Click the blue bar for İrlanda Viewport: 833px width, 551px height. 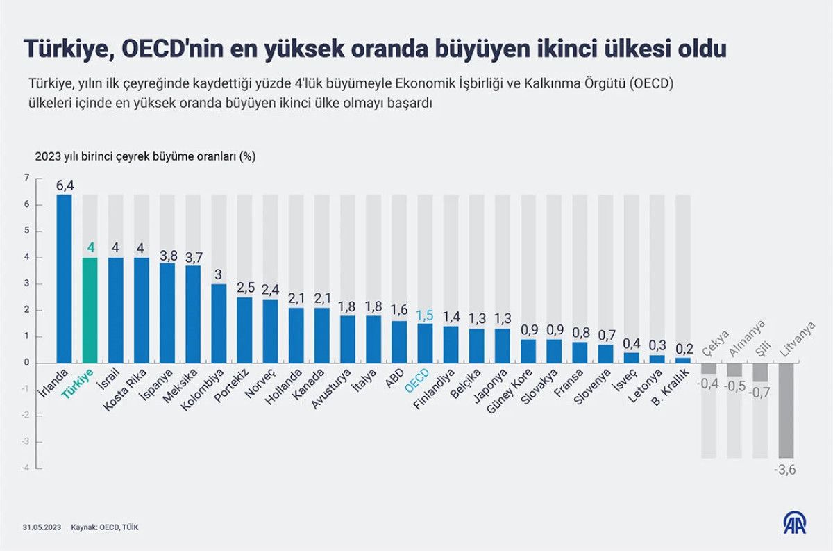tap(64, 278)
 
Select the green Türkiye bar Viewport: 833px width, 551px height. tap(90, 310)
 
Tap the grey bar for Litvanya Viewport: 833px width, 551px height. tap(786, 410)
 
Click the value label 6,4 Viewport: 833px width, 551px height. tap(65, 185)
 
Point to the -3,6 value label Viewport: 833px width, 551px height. tap(785, 470)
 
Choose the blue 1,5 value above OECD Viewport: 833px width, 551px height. tap(425, 315)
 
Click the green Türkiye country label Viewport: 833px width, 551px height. tap(78, 384)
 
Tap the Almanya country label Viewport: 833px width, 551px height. tap(746, 339)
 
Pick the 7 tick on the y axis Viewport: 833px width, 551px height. tap(27, 178)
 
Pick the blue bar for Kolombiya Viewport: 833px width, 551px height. tap(219, 323)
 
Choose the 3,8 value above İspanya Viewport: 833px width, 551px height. tap(167, 254)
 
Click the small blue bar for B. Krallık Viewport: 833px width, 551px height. tap(683, 360)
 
